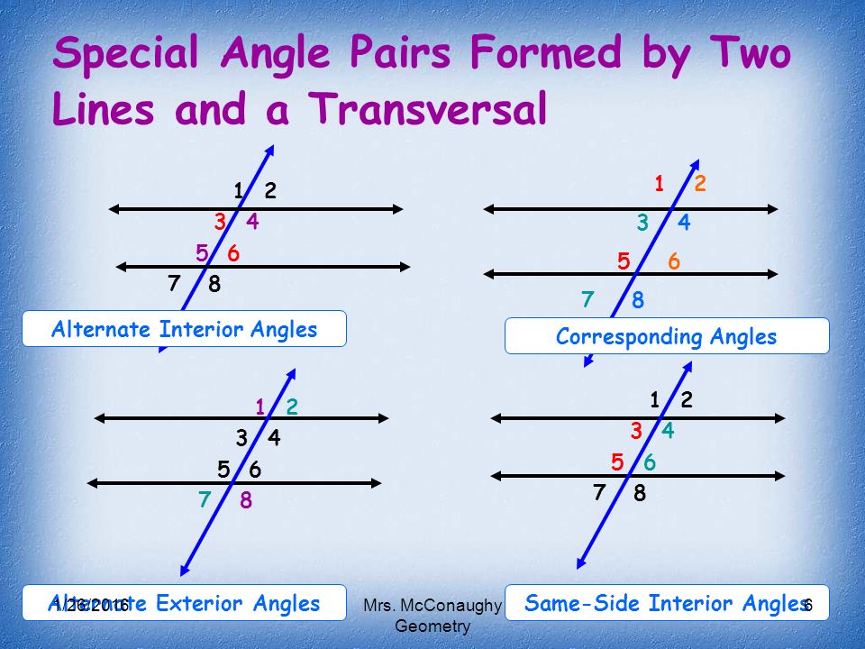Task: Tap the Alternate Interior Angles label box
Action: tap(185, 329)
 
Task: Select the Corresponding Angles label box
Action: tap(666, 337)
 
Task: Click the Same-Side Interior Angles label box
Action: tap(666, 602)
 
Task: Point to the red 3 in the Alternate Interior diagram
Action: tap(219, 222)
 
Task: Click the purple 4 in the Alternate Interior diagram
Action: tap(252, 222)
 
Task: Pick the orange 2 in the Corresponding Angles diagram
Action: tap(700, 184)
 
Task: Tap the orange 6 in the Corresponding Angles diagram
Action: tap(673, 262)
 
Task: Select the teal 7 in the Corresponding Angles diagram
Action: tap(587, 299)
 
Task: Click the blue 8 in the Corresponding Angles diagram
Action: tap(638, 301)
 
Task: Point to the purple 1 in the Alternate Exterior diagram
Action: tap(259, 407)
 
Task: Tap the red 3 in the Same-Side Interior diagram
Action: tap(636, 432)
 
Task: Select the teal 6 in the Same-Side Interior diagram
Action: tap(650, 462)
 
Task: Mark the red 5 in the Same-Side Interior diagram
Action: tap(617, 462)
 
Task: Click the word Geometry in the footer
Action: tap(432, 626)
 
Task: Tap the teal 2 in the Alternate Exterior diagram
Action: tap(292, 407)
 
